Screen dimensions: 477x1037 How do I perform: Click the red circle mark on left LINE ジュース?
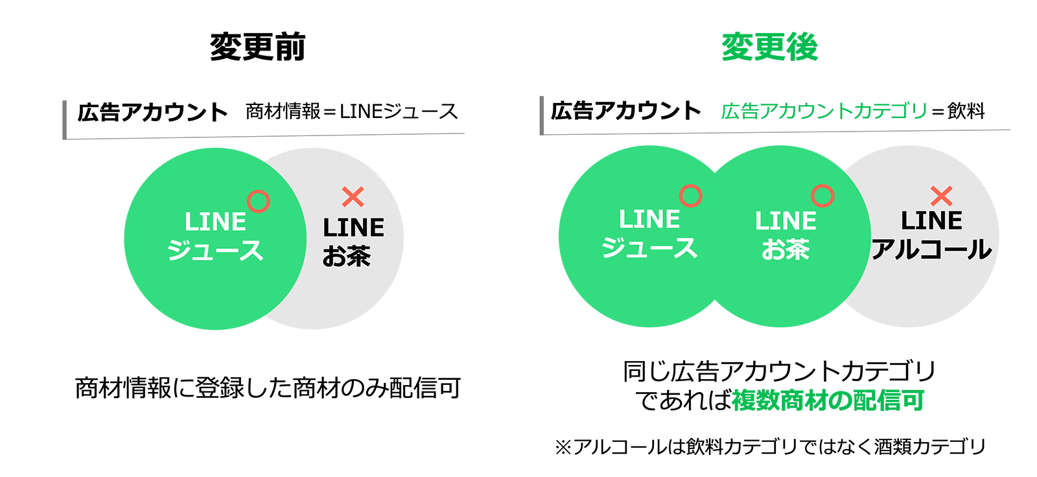coord(259,202)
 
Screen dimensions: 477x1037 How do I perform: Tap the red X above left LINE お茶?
coord(353,196)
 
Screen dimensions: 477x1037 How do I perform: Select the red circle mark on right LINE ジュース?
coord(691,196)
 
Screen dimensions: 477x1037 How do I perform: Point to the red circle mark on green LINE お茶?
coord(822,196)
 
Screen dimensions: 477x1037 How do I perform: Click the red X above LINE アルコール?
coord(941,196)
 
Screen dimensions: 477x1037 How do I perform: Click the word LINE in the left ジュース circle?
coord(215,222)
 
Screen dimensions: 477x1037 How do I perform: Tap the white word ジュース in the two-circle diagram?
coord(215,250)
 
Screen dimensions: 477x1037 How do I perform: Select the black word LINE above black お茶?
coord(353,227)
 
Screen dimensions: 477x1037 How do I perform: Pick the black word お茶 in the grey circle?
coord(347,256)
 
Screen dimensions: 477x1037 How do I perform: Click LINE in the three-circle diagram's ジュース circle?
coord(649,220)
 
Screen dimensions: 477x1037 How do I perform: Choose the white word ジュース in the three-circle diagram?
coord(649,248)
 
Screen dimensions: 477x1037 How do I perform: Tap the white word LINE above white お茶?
coord(786,221)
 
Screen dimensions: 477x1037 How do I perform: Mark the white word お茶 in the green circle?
coord(786,250)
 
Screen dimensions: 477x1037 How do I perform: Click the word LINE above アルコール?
coord(931,221)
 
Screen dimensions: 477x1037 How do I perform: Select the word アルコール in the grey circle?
coord(931,250)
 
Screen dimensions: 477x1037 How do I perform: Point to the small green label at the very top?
coord(769,47)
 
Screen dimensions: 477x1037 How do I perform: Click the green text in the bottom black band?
coord(826,402)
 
